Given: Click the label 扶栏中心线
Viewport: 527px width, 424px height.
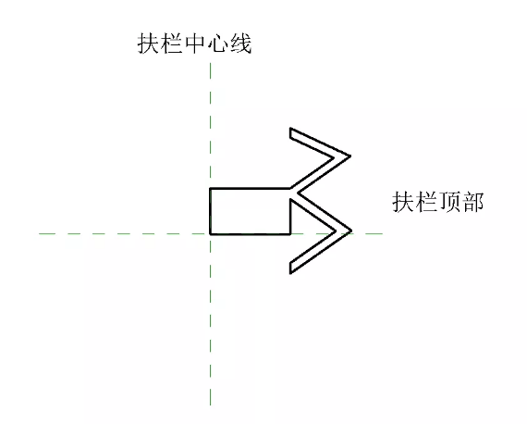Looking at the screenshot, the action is click(x=194, y=44).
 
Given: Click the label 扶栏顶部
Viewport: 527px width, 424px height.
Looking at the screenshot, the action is click(x=438, y=202).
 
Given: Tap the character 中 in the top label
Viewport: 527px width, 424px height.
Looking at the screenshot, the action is click(x=194, y=44).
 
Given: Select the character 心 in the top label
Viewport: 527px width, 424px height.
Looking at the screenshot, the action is click(x=217, y=44).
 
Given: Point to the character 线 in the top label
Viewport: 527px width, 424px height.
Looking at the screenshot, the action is click(x=240, y=44).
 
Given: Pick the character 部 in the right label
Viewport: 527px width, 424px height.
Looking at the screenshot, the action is click(x=472, y=202).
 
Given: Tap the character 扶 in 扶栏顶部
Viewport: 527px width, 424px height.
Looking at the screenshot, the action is click(x=403, y=202).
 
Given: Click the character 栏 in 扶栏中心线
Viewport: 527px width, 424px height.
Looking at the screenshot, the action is click(x=171, y=44).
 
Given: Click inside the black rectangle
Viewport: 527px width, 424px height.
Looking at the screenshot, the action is click(x=250, y=211).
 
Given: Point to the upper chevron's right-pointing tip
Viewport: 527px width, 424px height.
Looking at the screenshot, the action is click(x=350, y=156).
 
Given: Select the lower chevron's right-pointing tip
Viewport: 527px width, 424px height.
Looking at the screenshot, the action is click(x=351, y=231).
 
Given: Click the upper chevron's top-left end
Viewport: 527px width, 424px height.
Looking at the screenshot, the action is click(x=290, y=128).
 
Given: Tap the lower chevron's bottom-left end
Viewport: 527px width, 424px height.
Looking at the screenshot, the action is click(x=290, y=273).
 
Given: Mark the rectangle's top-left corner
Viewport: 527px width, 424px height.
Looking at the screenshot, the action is click(x=210, y=189).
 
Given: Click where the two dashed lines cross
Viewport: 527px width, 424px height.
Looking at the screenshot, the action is click(x=211, y=233).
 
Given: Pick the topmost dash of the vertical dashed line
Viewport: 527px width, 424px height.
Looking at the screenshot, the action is click(x=211, y=70).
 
